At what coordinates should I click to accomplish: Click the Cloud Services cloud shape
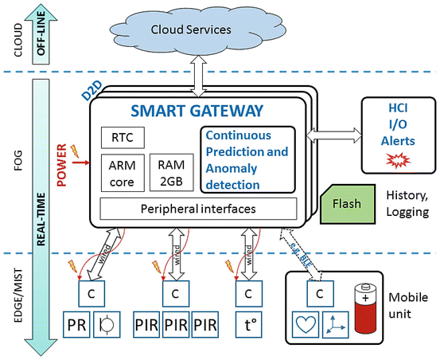pos(198,30)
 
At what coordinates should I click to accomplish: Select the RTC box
pos(123,138)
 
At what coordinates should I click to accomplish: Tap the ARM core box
pos(123,173)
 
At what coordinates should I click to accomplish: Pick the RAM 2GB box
pos(171,172)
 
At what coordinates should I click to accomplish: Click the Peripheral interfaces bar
pos(198,209)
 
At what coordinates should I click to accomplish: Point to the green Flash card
pos(348,204)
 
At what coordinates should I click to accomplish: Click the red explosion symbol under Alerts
pos(398,160)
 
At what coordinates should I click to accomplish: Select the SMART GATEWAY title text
pos(197,111)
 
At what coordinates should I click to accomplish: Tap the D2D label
pos(92,92)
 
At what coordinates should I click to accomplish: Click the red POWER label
pos(61,165)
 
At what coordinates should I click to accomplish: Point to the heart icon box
pos(305,324)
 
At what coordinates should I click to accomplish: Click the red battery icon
pos(365,308)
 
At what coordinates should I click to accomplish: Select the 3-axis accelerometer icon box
pos(336,324)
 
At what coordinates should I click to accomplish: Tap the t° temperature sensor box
pos(249,324)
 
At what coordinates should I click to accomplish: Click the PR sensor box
pos(76,324)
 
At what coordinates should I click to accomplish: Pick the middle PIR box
pos(176,324)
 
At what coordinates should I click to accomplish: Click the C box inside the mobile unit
pos(320,294)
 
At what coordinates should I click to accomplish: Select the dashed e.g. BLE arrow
pos(301,254)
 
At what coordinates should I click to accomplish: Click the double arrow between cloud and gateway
pos(198,76)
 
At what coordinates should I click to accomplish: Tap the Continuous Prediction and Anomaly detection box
pos(247,160)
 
